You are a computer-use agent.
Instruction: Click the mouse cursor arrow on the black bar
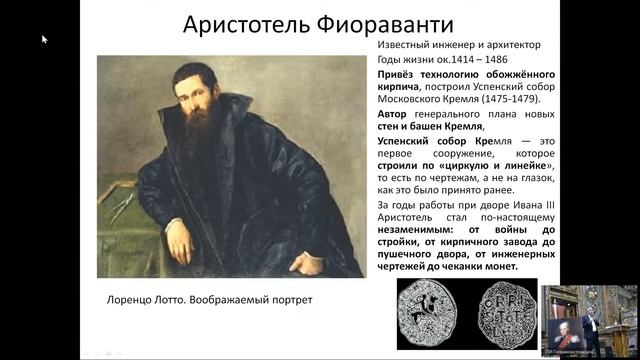click(44, 39)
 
